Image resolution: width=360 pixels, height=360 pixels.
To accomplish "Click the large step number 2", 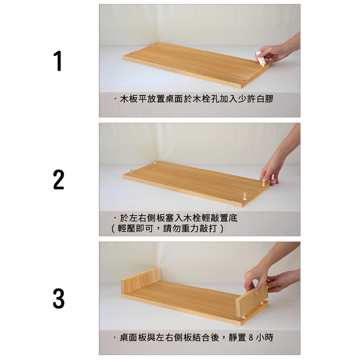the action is (x=58, y=180).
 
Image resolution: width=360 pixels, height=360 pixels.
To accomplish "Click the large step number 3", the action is (x=58, y=298).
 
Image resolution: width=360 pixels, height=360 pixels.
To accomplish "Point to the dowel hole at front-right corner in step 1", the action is (x=244, y=81).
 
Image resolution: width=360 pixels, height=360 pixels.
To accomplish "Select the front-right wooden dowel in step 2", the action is (x=245, y=196).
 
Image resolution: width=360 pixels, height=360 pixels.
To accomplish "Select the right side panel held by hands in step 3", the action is (x=252, y=301).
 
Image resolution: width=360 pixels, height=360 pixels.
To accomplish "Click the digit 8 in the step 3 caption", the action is (x=251, y=337).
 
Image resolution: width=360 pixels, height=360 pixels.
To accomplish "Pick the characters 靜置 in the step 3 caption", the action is (x=238, y=337).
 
